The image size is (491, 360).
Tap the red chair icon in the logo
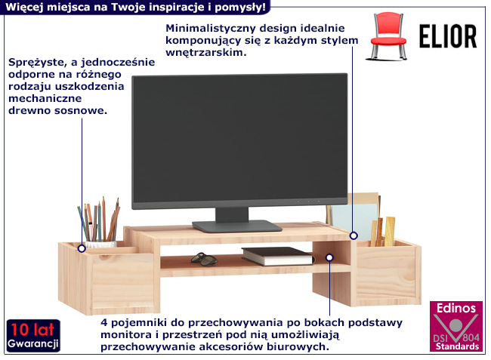[x=390, y=35]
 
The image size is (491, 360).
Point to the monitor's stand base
[x=236, y=225]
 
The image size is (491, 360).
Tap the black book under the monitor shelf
[x=276, y=256]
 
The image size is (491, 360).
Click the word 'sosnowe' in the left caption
[x=79, y=110]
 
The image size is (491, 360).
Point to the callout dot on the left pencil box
[x=81, y=246]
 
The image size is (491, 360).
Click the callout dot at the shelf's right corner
[x=353, y=235]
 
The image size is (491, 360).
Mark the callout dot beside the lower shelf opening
[x=329, y=258]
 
